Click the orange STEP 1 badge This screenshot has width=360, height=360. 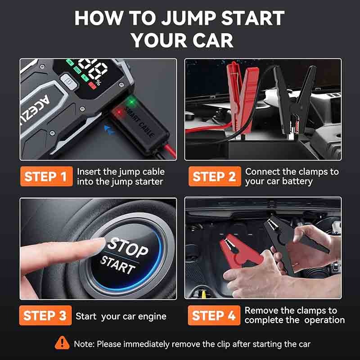[46, 176]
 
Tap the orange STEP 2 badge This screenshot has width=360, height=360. [215, 176]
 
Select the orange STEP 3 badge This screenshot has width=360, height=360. [45, 315]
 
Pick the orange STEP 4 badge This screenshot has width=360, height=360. [214, 315]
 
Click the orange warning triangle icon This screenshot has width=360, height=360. [62, 343]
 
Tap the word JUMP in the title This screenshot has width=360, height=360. [189, 18]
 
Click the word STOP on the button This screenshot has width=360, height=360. [128, 247]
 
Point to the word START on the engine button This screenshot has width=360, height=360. [118, 265]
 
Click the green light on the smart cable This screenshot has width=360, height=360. [131, 102]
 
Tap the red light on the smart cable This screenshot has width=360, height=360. [119, 112]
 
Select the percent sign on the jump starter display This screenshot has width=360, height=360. [98, 82]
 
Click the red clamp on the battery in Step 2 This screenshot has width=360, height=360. [243, 96]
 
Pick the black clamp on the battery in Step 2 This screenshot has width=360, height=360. [295, 99]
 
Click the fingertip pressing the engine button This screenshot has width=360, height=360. [99, 244]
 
